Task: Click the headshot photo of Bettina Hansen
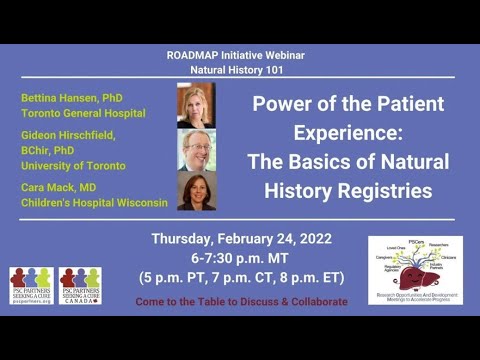pos(196,104)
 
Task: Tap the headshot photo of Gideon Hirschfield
pos(196,148)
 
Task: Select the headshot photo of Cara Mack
pos(196,191)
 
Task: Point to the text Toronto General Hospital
pos(80,113)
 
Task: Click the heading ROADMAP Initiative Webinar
pos(240,56)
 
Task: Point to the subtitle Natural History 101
pos(240,72)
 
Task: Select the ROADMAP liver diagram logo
pos(415,270)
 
